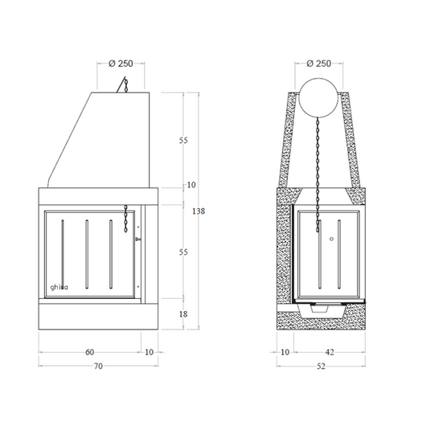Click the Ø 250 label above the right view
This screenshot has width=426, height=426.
(319, 63)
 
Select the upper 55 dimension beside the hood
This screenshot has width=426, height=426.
(183, 141)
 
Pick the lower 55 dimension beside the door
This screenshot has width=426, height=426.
(183, 252)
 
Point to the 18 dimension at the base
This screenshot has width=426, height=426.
(183, 314)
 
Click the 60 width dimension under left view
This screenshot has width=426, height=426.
(90, 352)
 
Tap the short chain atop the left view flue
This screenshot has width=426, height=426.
(125, 84)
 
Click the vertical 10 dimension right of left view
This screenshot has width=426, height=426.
(190, 186)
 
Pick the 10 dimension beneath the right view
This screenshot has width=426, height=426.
(285, 352)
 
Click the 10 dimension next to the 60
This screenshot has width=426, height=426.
(149, 352)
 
